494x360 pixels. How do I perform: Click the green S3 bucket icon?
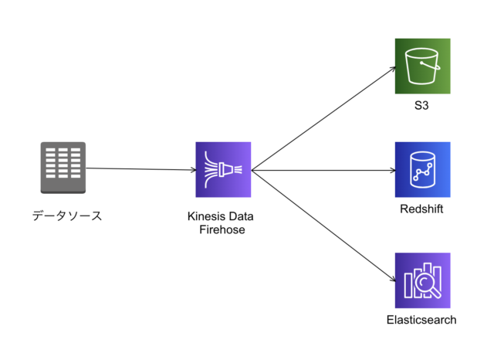[422, 66]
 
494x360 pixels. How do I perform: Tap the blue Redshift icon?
[422, 170]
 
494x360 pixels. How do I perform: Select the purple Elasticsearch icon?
[422, 280]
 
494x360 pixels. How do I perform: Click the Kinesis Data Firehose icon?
[223, 170]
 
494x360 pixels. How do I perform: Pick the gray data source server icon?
[63, 168]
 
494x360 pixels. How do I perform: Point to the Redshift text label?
[422, 210]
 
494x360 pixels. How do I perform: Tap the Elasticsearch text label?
[421, 320]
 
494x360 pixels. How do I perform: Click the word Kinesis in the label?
[204, 216]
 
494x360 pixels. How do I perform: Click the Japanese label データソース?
[67, 216]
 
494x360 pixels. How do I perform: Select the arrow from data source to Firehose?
[139, 169]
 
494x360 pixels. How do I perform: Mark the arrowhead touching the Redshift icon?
[389, 171]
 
